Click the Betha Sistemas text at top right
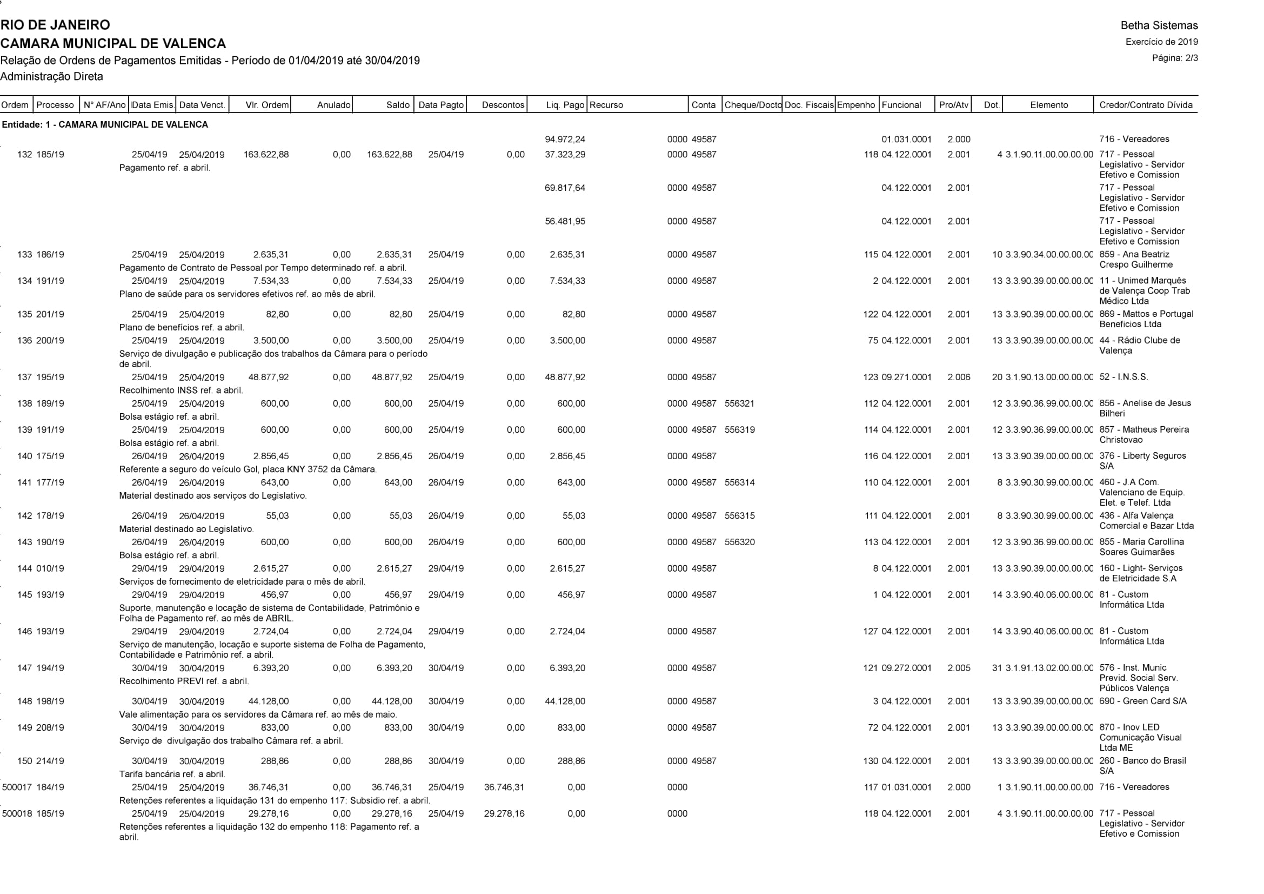tap(1159, 25)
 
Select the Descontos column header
tap(503, 105)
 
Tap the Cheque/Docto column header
tap(753, 105)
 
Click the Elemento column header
tap(1049, 105)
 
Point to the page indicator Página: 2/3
tap(1175, 58)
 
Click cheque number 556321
tap(739, 404)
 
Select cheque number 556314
tap(739, 482)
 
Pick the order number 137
tap(25, 378)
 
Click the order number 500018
tap(18, 813)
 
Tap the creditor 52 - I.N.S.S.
tap(1123, 378)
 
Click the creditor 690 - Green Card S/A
tap(1142, 701)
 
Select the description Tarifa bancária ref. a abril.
tap(172, 774)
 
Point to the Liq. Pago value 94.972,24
tap(565, 140)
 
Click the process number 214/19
tap(50, 761)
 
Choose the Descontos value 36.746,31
tap(504, 787)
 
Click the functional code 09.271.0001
tap(906, 378)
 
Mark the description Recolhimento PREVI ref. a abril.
tap(184, 681)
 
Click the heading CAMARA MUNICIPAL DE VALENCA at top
tap(113, 43)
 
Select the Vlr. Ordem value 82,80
tap(277, 315)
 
